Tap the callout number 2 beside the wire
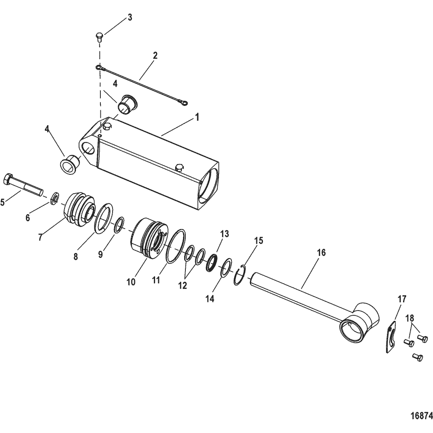click(x=155, y=56)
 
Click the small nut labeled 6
click(x=54, y=198)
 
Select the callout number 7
click(x=41, y=237)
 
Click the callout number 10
click(x=131, y=282)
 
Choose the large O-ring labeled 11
click(x=176, y=246)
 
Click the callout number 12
click(x=183, y=285)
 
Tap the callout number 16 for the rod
click(x=321, y=252)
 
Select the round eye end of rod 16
click(x=359, y=320)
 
